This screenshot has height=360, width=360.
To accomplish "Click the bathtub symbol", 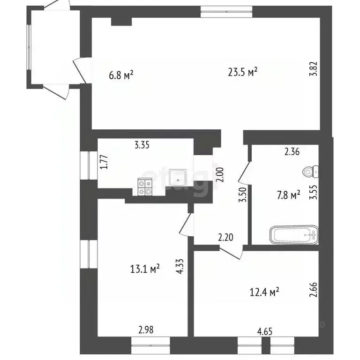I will [x=293, y=234].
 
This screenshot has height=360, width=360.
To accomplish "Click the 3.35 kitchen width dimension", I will [x=142, y=145].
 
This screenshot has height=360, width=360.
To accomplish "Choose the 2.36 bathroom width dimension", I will [x=292, y=151].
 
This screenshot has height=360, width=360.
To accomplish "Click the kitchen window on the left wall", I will [x=87, y=165].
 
